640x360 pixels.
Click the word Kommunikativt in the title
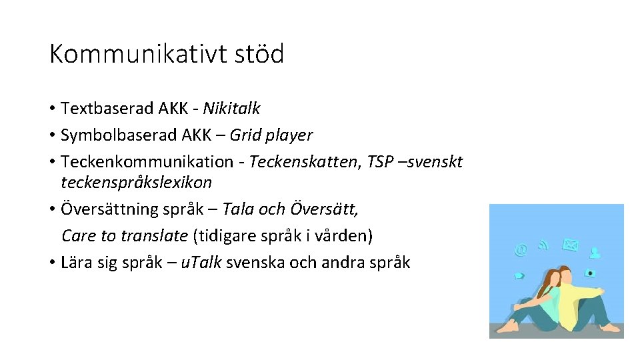click(x=137, y=54)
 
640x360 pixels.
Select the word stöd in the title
click(x=259, y=54)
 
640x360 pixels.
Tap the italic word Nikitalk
click(x=231, y=108)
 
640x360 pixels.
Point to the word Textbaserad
click(x=107, y=108)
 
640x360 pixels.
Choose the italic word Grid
click(x=244, y=135)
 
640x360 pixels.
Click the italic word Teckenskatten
click(x=304, y=162)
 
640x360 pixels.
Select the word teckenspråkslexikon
click(x=136, y=182)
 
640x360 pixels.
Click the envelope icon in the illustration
click(x=570, y=245)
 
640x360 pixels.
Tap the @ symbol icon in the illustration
click(x=521, y=250)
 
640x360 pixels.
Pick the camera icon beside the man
click(x=590, y=273)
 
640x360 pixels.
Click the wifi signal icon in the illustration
click(x=544, y=243)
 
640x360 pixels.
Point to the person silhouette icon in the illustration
click(x=595, y=252)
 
